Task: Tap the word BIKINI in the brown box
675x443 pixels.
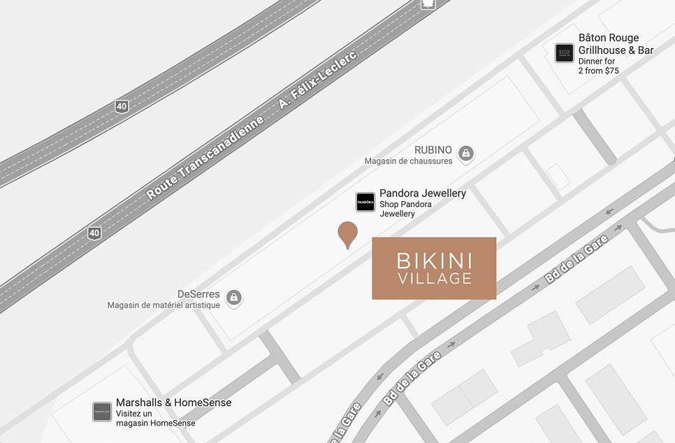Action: (434, 261)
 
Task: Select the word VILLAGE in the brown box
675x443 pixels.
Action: (434, 279)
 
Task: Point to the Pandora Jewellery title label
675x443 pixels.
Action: (423, 193)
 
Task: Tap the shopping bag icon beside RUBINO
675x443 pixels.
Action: (466, 152)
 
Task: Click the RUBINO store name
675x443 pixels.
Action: (433, 150)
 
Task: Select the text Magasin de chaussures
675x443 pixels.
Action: (408, 161)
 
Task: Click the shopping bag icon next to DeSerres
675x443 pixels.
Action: (233, 297)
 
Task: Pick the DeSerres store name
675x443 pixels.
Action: (198, 294)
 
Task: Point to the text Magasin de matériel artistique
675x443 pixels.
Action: (164, 305)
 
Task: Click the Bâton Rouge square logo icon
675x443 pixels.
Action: (565, 53)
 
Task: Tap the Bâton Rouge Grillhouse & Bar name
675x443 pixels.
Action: (616, 44)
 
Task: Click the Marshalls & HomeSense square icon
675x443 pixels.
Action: (102, 412)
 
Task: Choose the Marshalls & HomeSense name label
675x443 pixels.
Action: (173, 402)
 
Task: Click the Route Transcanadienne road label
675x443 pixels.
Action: (205, 159)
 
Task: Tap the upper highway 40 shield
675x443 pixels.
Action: (122, 106)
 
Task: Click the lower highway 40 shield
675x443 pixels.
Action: (94, 232)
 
